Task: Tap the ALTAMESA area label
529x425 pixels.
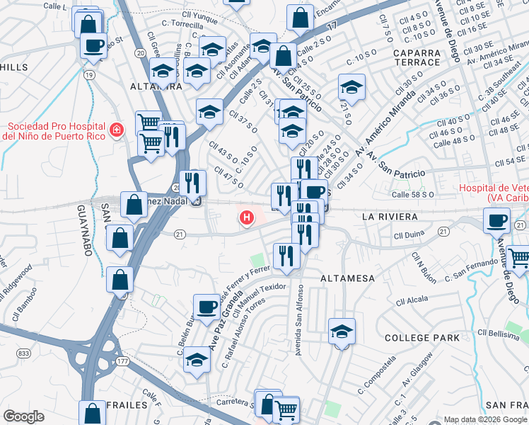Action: [347, 278]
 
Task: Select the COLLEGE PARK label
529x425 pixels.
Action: [422, 339]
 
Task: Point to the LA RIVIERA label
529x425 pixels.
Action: [390, 216]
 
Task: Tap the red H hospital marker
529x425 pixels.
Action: [246, 218]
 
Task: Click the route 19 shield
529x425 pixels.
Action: [89, 74]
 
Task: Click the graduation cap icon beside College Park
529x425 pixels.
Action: [342, 331]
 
